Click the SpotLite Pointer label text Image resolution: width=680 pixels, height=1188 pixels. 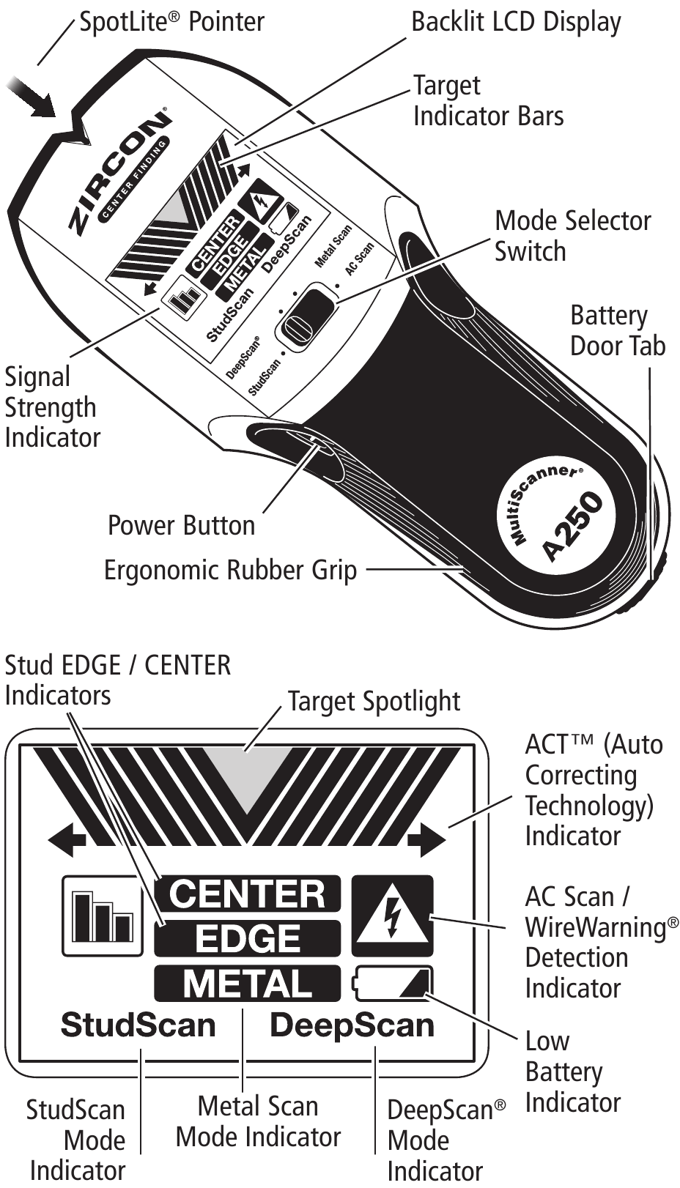[x=171, y=21]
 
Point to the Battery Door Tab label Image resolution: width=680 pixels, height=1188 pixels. [x=617, y=330]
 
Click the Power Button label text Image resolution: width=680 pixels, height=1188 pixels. [x=181, y=525]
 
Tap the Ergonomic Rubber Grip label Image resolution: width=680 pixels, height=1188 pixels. [x=230, y=570]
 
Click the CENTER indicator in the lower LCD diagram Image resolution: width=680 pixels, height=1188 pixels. [x=247, y=894]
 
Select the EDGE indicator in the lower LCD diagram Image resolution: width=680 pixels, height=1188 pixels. [x=247, y=938]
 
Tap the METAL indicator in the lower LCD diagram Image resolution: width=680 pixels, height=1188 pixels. [x=247, y=984]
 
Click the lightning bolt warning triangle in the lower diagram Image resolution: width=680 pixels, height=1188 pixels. [x=393, y=916]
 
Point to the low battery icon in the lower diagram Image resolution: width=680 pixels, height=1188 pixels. [x=394, y=983]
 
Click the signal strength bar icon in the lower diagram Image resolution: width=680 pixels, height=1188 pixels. [x=102, y=916]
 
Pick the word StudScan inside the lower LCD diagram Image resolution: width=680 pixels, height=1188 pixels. [x=138, y=1025]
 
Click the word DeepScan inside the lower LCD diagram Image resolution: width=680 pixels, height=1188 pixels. [x=352, y=1025]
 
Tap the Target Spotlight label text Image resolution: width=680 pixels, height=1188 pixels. [x=373, y=702]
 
